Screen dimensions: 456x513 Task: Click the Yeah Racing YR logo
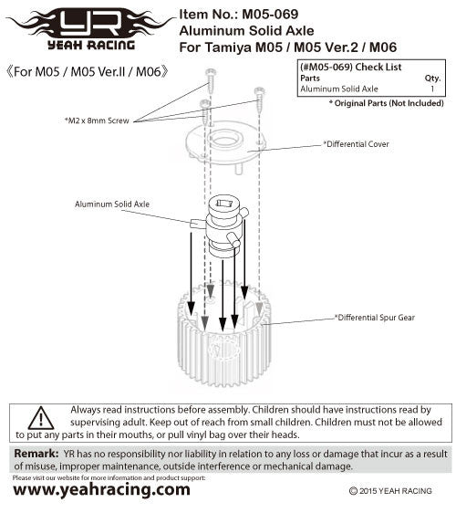(x=91, y=29)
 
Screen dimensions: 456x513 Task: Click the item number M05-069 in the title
(x=270, y=15)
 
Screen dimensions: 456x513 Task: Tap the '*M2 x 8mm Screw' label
(x=97, y=120)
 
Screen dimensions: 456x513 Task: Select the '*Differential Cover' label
(x=356, y=144)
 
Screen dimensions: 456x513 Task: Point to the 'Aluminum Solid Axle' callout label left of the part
(x=112, y=204)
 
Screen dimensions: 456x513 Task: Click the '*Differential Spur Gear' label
(x=375, y=318)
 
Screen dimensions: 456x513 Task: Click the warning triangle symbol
(x=41, y=418)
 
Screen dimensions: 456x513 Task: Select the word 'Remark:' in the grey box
(x=36, y=454)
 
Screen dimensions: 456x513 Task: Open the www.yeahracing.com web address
(x=101, y=490)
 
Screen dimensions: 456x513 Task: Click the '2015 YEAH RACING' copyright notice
(x=390, y=491)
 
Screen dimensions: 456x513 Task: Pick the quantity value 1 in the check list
(x=432, y=89)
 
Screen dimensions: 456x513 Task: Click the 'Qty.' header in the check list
(x=432, y=79)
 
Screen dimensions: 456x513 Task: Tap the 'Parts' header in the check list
(x=310, y=79)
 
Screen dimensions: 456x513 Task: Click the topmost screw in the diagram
(x=211, y=81)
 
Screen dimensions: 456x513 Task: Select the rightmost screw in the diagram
(x=260, y=99)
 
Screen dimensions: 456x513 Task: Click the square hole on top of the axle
(x=224, y=204)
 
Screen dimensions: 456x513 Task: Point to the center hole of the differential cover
(x=224, y=141)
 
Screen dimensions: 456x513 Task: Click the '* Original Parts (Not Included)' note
(x=387, y=103)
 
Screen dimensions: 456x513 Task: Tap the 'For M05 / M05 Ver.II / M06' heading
(x=88, y=71)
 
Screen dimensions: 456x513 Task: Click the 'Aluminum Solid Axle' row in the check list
(x=339, y=89)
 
